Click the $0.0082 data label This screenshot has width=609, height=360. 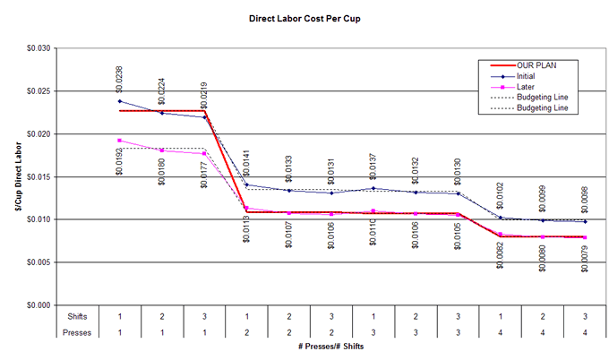(x=500, y=261)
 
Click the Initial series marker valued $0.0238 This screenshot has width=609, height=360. (x=120, y=101)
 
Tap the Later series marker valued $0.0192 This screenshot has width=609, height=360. (x=120, y=141)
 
